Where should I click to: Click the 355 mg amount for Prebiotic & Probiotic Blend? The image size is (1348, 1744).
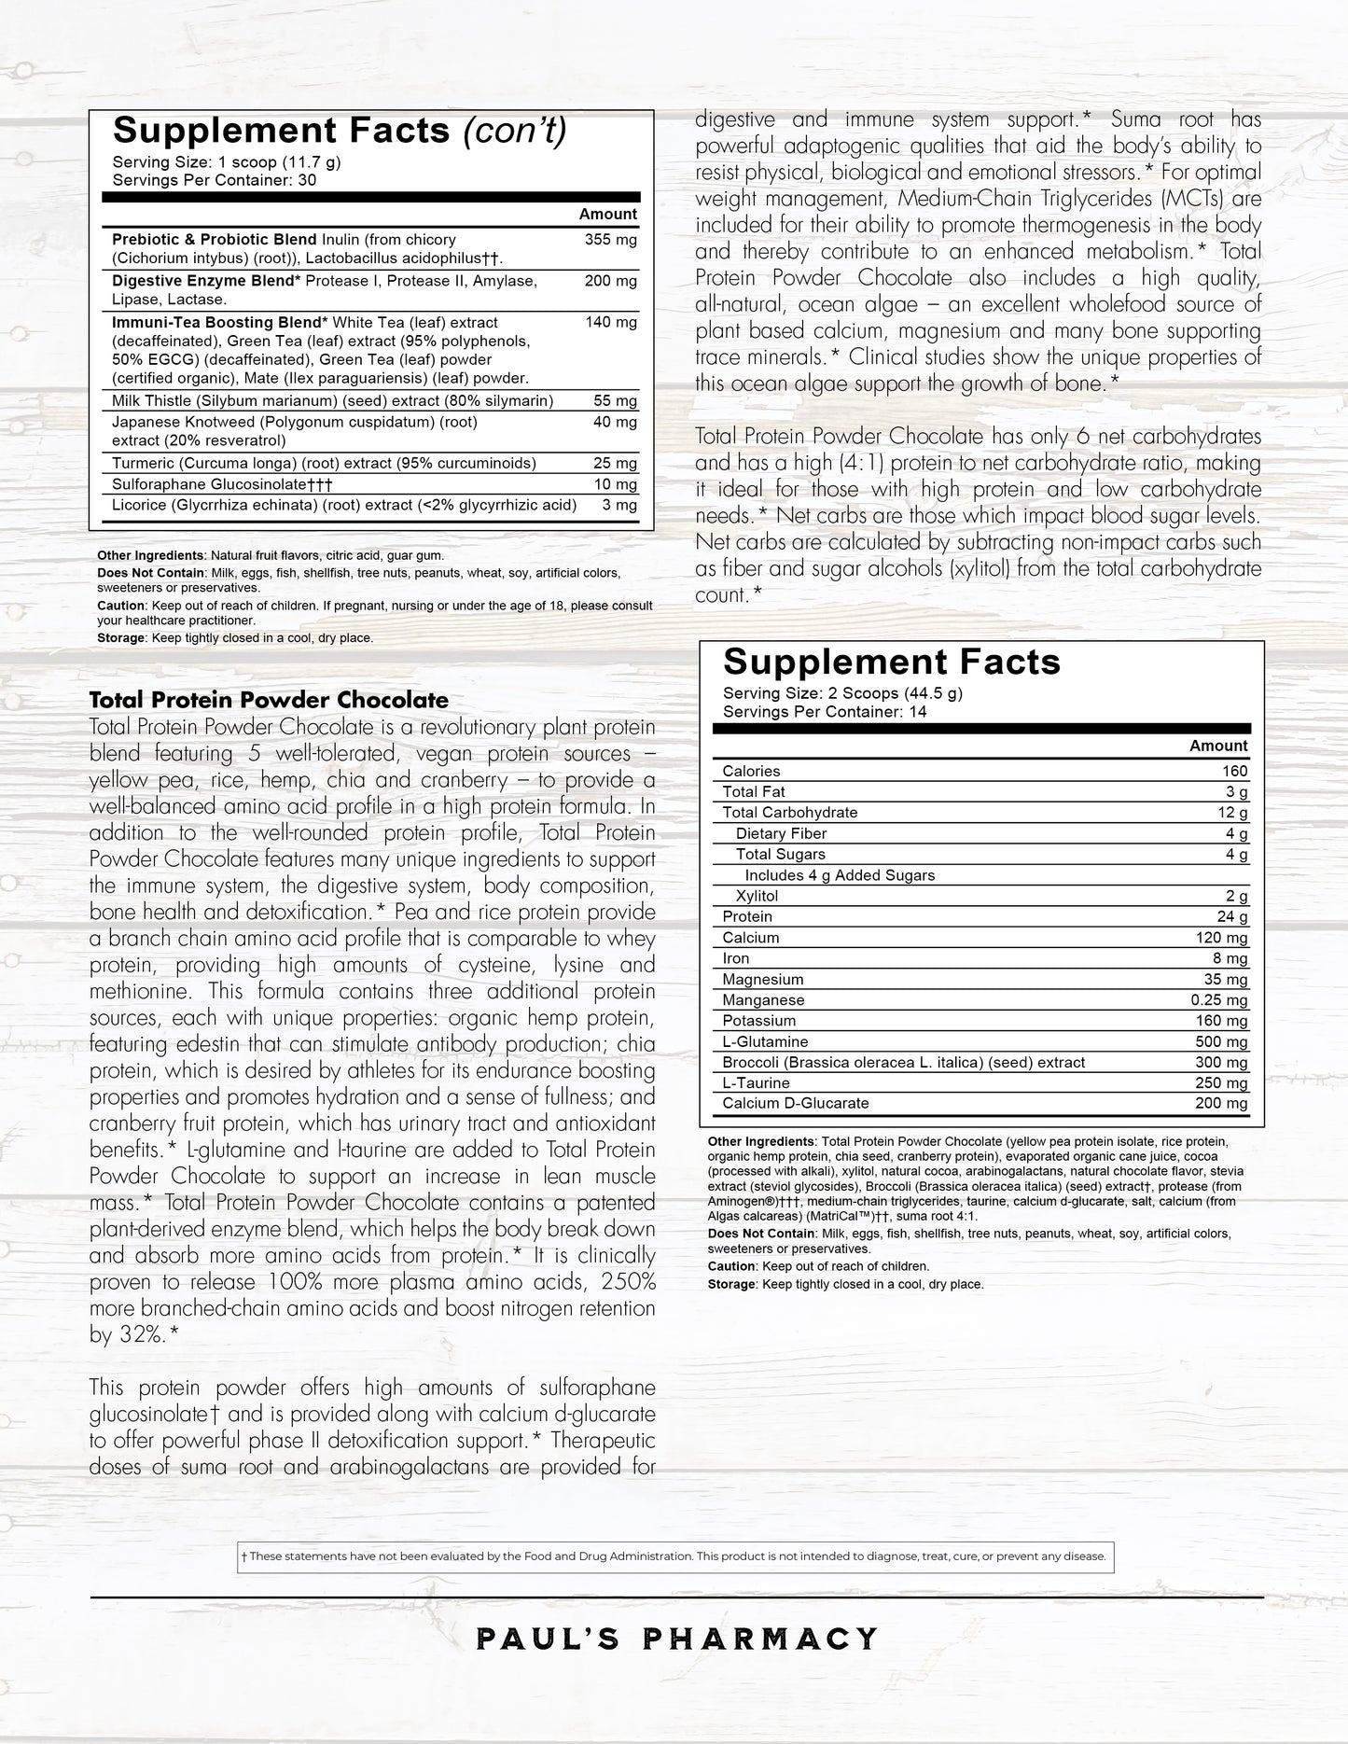coord(610,240)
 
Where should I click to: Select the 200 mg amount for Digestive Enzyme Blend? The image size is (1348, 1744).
coord(610,281)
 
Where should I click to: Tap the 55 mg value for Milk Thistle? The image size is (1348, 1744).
coord(615,401)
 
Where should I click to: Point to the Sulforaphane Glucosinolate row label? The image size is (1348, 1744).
coord(222,484)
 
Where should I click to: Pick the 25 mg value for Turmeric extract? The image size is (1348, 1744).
coord(615,463)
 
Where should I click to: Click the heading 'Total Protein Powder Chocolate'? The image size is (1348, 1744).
coord(269,700)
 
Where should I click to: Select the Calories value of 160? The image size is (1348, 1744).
coord(1234,771)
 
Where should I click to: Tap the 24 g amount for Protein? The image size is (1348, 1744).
coord(1236,916)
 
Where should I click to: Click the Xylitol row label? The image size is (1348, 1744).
coord(757,896)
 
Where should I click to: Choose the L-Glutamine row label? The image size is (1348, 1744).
coord(765,1041)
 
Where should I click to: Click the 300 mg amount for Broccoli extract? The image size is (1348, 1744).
coord(1221,1062)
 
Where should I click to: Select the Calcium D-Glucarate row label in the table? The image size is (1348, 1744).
coord(795,1103)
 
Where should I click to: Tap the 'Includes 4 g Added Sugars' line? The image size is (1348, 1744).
coord(840,875)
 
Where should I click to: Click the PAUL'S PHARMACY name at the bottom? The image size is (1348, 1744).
coord(677,1639)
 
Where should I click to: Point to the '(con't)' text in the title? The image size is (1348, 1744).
coord(515,132)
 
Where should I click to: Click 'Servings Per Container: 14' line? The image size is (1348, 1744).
coord(825,712)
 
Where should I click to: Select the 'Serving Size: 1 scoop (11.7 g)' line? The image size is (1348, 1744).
coord(226,161)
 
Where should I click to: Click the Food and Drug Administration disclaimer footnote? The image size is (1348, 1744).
coord(675,1556)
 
